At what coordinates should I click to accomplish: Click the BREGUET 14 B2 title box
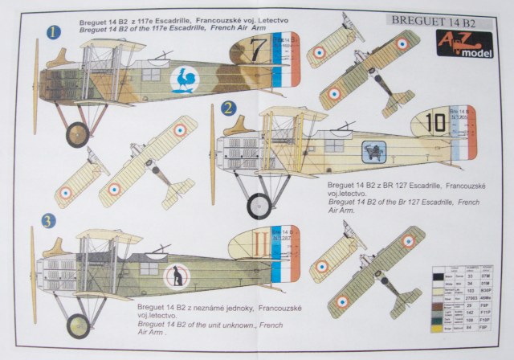(437, 17)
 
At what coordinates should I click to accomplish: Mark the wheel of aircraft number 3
(78, 325)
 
